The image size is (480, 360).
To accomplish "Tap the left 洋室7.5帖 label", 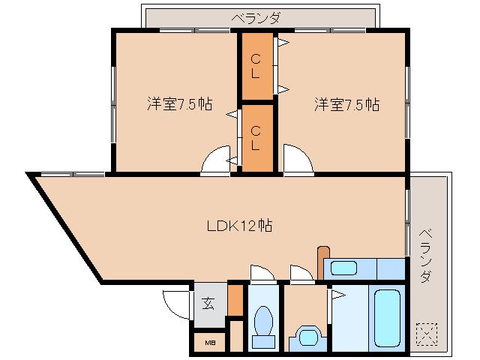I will click(x=178, y=104).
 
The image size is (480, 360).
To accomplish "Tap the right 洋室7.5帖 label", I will click(x=346, y=104).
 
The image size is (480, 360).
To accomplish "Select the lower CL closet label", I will click(x=256, y=137).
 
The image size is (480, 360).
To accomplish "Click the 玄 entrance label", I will click(x=208, y=304).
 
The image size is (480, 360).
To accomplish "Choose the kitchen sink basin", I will click(x=345, y=268).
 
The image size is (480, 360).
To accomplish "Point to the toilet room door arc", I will click(x=262, y=274).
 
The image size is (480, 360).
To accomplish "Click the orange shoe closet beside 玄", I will click(x=235, y=300).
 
